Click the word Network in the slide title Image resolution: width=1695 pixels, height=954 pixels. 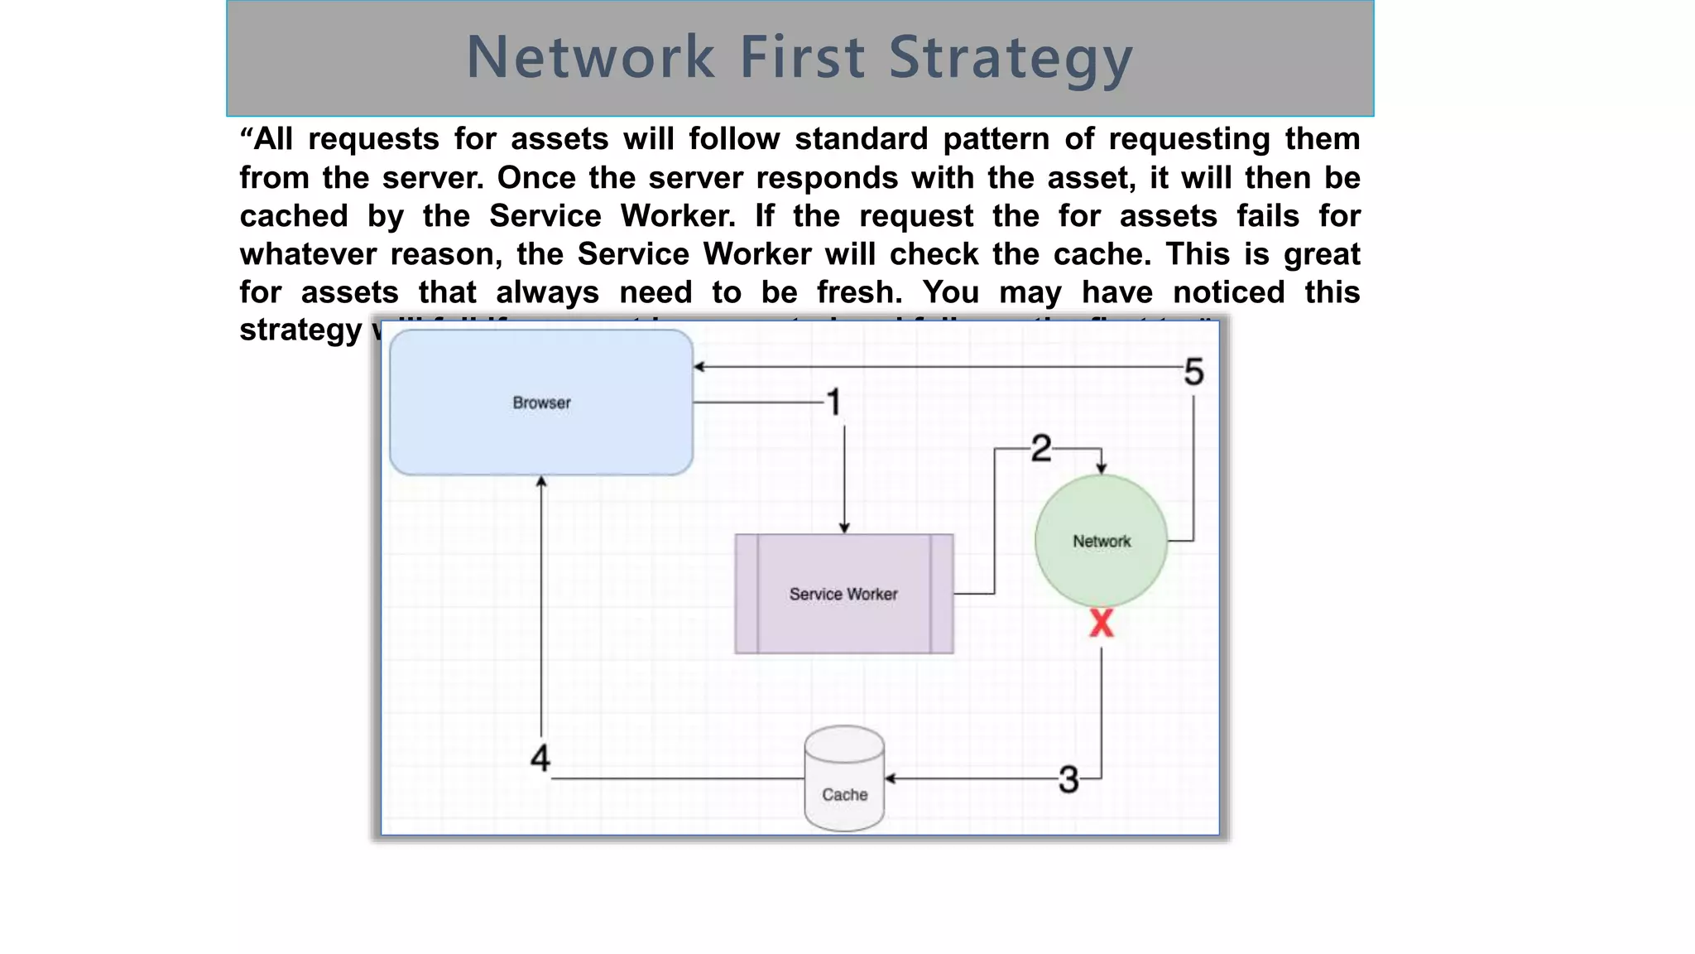[x=590, y=58]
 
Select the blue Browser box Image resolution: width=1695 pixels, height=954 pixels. [x=541, y=402]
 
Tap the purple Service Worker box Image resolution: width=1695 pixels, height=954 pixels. [x=843, y=594]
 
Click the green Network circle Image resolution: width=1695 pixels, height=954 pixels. [x=1101, y=541]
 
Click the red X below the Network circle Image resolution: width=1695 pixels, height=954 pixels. [x=1102, y=623]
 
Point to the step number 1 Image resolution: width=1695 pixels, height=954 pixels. [x=834, y=402]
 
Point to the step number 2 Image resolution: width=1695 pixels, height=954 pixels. [x=1041, y=449]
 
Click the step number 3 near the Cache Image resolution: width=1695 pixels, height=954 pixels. [x=1068, y=779]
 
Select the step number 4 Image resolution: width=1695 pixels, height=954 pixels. [x=540, y=758]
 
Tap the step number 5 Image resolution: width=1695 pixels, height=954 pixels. [x=1193, y=372]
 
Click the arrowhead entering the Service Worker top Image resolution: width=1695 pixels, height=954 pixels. [x=844, y=528]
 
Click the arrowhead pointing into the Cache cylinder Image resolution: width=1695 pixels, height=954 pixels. [x=891, y=778]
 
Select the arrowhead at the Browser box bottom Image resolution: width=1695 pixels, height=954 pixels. [x=541, y=481]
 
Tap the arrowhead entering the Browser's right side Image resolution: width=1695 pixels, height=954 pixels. [x=699, y=367]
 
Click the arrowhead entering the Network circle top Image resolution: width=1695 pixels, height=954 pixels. [x=1101, y=469]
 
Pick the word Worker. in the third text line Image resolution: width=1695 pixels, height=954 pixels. [x=678, y=216]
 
